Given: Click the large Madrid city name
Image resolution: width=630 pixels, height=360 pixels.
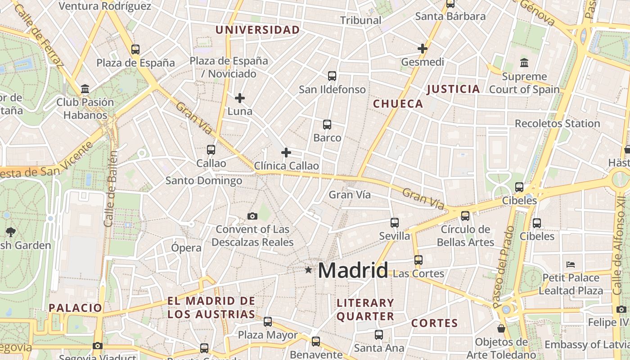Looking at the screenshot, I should pos(353,270).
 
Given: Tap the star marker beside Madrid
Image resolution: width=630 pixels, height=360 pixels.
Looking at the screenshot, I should pos(308,270).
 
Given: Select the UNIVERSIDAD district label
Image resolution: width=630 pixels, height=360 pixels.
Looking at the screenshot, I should pos(257,30).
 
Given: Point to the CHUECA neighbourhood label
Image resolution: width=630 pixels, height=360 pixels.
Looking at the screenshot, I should pos(398,104).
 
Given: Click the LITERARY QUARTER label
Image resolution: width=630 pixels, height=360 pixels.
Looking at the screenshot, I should pos(365,310).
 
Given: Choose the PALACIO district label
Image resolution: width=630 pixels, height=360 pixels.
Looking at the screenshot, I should pos(76,308).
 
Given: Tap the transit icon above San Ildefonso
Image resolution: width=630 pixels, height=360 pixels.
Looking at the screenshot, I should pos(332,76).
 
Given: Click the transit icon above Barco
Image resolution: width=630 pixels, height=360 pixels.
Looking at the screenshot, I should pos(327,125).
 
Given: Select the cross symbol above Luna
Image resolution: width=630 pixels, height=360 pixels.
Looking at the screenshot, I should pos(240,98).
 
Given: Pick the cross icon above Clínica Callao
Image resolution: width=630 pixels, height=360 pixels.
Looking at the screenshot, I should pos(286,153).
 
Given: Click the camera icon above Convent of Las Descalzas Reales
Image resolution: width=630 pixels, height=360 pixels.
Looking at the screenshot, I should pos(252,216).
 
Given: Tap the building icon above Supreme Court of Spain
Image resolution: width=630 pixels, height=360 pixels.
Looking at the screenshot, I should pos(524,63).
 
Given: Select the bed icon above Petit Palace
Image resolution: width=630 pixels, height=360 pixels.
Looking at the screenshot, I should pos(571,264).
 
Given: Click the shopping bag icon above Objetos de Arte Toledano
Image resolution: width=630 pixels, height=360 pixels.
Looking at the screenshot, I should pos(501,328).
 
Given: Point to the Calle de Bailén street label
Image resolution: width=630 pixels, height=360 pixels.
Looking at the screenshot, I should pos(111,189).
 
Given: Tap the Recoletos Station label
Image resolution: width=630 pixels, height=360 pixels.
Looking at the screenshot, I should pos(557,123).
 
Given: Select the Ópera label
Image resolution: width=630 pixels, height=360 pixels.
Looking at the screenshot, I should pos(186,247).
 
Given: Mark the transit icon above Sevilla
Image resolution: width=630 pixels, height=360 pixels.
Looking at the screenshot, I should pos(395,223).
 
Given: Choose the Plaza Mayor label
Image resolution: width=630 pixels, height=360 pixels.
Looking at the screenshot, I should pos(268,335).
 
